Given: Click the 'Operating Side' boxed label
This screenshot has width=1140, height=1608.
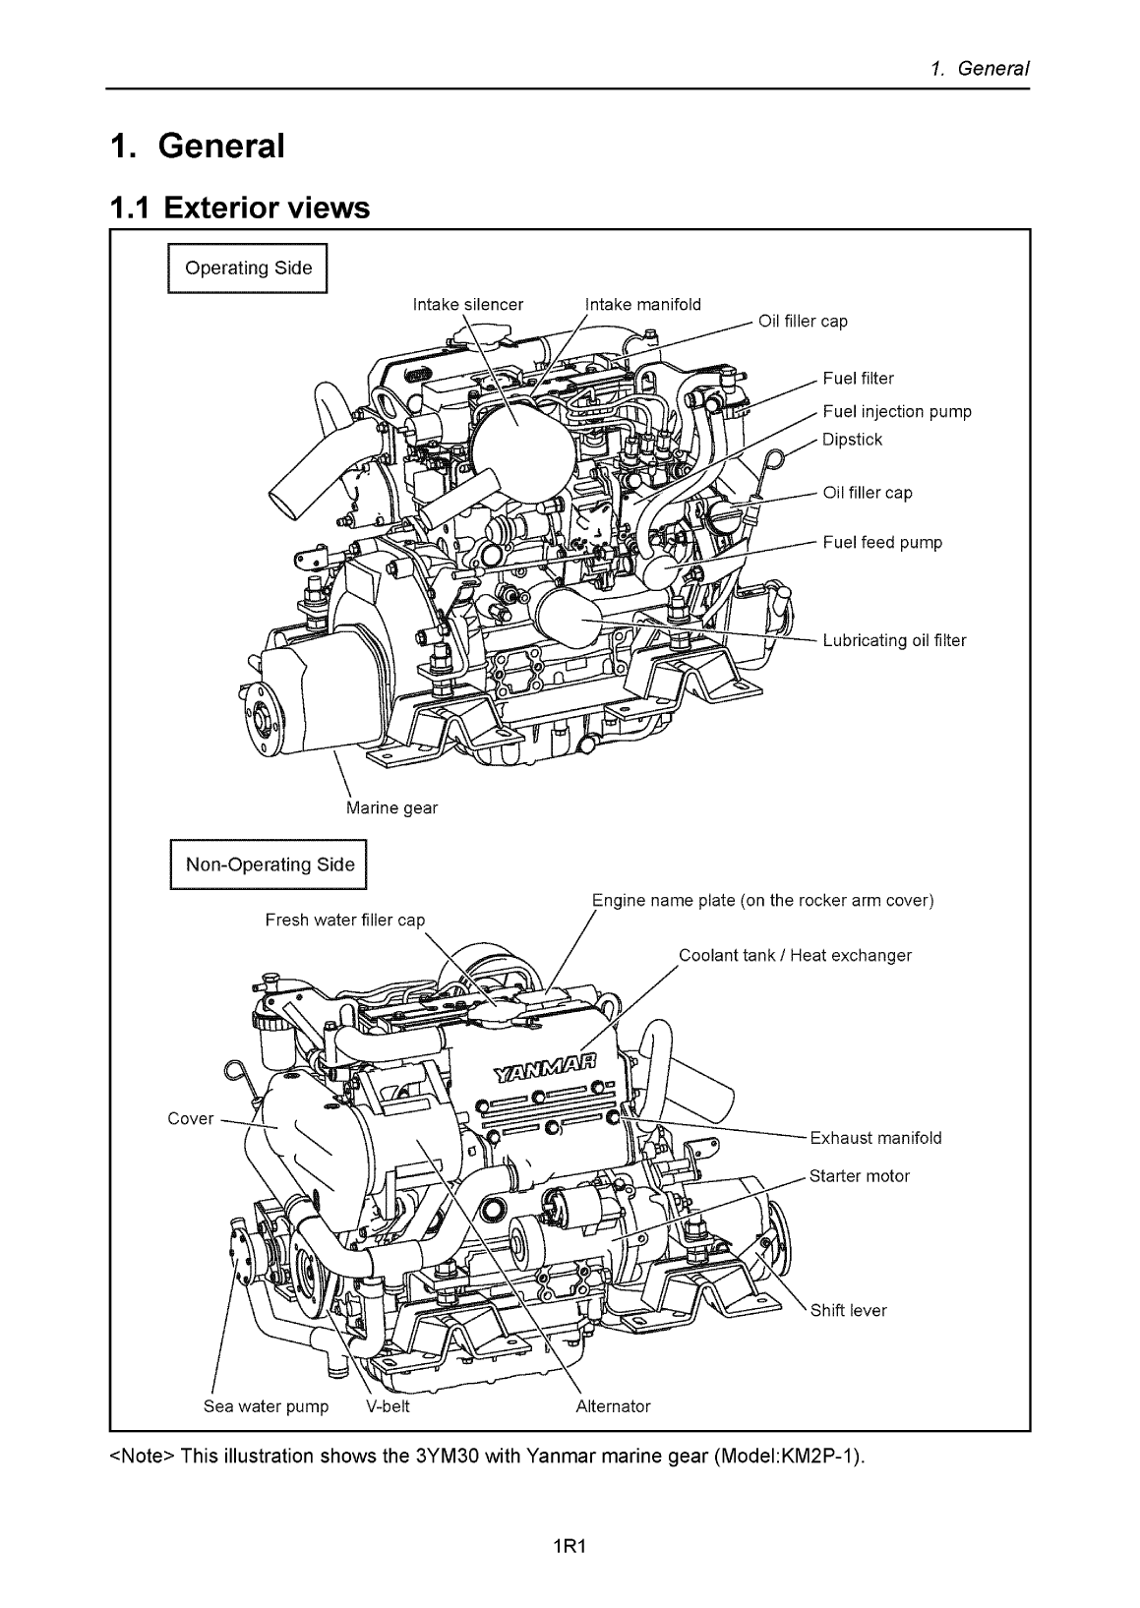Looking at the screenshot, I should [x=248, y=268].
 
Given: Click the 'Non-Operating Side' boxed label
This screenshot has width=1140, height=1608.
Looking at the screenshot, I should [x=270, y=864].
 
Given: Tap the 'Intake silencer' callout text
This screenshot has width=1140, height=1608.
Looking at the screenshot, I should [x=468, y=305].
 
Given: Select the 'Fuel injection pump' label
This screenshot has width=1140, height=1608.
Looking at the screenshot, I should [x=896, y=411].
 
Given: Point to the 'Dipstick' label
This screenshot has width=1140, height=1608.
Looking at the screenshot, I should [x=852, y=439].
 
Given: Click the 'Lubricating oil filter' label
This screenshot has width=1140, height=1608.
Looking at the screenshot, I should [x=894, y=640].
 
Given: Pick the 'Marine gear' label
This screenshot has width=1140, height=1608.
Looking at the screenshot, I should [x=391, y=807].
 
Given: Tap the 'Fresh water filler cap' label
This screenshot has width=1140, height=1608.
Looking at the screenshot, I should [x=345, y=920].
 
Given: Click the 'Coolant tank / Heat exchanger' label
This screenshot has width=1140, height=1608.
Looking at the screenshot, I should [x=795, y=955].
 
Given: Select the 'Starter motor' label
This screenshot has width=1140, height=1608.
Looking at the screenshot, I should [x=859, y=1175].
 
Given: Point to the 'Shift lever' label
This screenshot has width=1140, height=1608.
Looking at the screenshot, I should [x=848, y=1310].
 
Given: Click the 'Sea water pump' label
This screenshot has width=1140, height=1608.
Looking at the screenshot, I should [x=266, y=1405].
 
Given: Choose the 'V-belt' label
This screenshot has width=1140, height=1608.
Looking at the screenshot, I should [x=388, y=1405].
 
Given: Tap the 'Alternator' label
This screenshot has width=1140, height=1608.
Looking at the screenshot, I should [x=612, y=1405].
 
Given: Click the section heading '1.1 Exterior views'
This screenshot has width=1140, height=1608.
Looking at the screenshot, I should [x=239, y=208].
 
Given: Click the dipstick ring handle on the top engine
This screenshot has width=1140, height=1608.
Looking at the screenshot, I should [x=775, y=458].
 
